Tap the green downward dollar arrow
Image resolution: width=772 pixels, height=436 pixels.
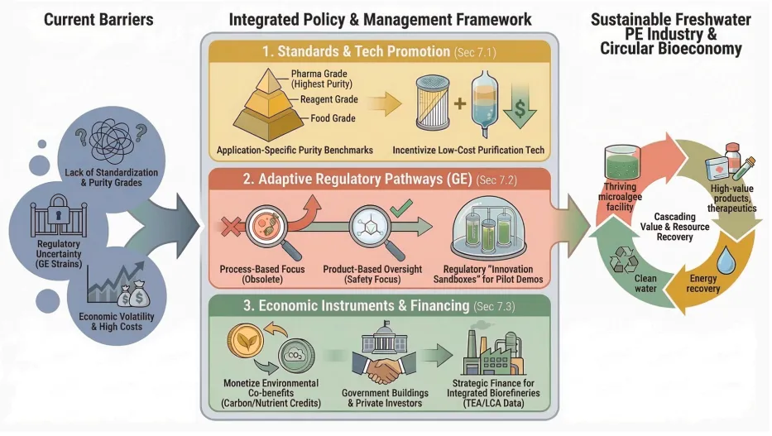(x=520, y=105)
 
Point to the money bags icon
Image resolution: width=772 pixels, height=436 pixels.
(x=133, y=294)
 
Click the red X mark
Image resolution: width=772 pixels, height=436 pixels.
(x=230, y=227)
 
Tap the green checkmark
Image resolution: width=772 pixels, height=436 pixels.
(x=401, y=208)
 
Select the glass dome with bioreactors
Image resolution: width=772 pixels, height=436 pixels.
(x=488, y=232)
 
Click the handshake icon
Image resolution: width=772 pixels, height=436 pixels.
(x=385, y=368)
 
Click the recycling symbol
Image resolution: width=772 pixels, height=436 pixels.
(x=624, y=259)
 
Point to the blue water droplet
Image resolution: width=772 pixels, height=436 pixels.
(x=726, y=260)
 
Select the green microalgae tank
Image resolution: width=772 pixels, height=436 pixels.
(x=622, y=162)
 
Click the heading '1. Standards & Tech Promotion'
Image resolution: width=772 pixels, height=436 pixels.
(x=356, y=51)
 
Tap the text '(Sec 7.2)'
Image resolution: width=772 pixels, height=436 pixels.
(x=496, y=180)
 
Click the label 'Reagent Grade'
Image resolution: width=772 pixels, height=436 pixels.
(x=328, y=99)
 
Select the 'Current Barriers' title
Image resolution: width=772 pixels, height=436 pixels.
(x=98, y=20)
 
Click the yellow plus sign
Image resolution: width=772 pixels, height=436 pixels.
(x=460, y=103)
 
